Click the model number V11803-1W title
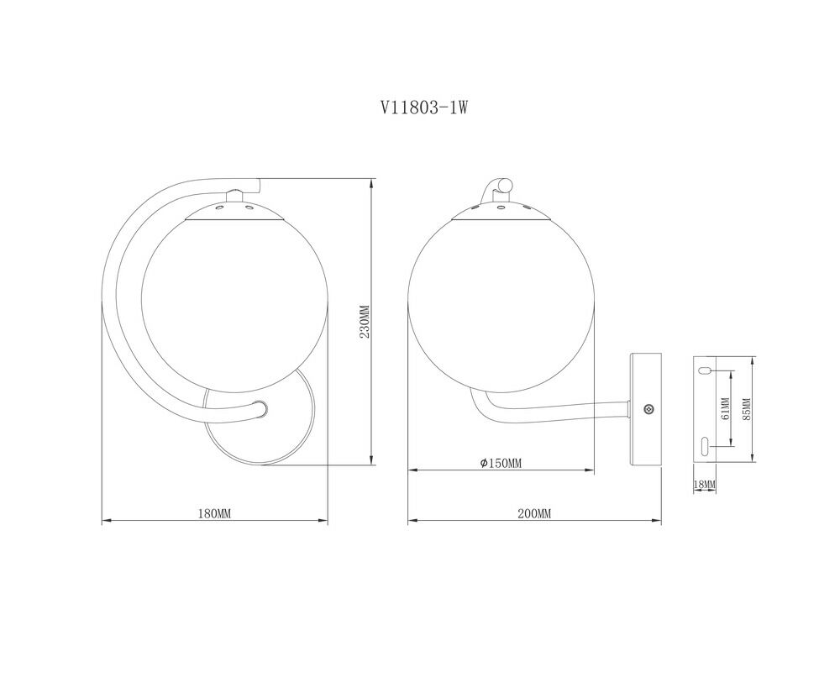(424, 108)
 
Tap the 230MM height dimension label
(365, 322)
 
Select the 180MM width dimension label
(214, 513)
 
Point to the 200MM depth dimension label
(534, 513)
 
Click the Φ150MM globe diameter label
(501, 463)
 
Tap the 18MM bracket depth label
(705, 485)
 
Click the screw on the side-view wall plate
(648, 409)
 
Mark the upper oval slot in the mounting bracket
(705, 370)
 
